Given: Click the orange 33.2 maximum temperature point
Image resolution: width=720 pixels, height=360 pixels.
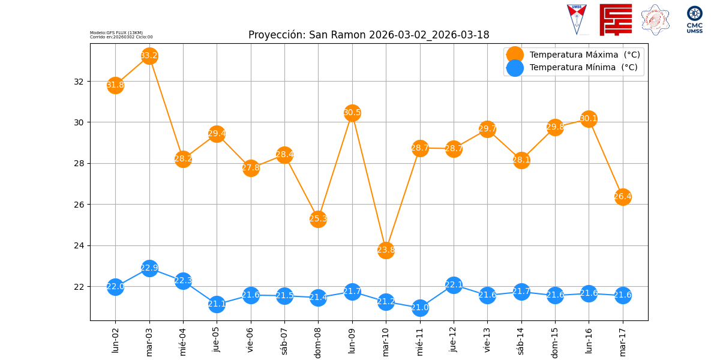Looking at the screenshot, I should (x=149, y=56).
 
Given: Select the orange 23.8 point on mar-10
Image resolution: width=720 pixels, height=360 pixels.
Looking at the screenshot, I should (x=386, y=250).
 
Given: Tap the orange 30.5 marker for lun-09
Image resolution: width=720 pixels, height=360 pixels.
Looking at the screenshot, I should (x=352, y=113).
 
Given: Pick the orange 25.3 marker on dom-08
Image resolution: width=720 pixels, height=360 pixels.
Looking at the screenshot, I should (x=318, y=218).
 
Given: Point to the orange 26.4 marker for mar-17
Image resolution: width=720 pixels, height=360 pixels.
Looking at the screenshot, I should (x=623, y=196).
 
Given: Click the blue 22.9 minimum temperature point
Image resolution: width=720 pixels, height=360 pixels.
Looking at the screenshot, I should (x=149, y=268).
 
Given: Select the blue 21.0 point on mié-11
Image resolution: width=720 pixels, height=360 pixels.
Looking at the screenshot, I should (x=420, y=308).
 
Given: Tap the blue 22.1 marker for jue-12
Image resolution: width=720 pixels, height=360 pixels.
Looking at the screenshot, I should (x=454, y=284).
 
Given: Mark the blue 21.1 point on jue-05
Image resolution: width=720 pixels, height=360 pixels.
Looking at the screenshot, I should (x=217, y=304).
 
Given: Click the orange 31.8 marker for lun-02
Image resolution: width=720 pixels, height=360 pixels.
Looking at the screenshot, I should (x=115, y=85).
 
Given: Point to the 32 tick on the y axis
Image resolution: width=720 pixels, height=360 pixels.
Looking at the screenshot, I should (x=79, y=81).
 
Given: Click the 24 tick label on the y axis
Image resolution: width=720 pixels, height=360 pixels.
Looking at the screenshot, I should (x=79, y=245).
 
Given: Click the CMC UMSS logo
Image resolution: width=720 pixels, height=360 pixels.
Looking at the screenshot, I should (x=694, y=20).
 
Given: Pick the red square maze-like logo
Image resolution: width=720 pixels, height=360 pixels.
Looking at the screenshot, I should (x=616, y=20).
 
